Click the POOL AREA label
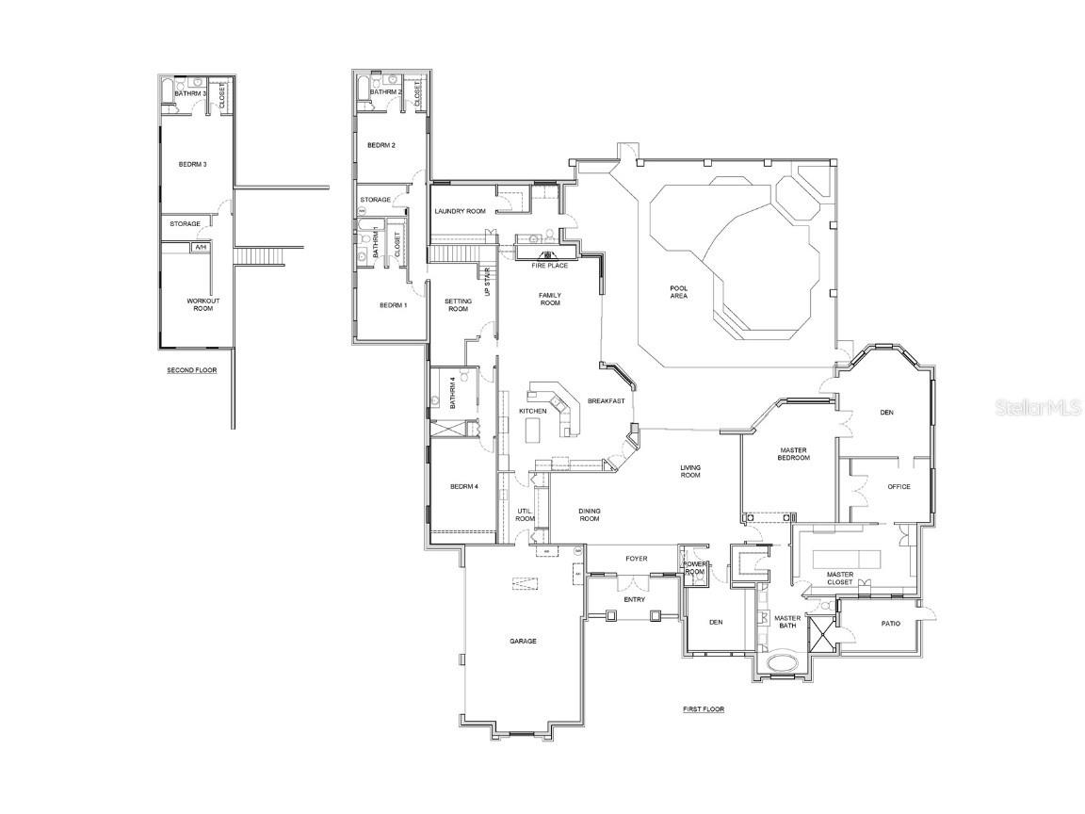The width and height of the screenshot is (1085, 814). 678,291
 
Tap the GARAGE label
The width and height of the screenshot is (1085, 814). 523,641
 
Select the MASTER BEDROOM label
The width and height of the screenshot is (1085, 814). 793,454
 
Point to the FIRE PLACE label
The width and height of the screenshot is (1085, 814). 549,266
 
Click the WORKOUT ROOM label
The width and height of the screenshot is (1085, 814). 202,304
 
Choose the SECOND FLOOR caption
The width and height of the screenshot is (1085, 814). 192,370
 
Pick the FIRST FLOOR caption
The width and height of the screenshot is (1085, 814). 704,708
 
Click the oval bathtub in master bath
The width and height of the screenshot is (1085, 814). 782,662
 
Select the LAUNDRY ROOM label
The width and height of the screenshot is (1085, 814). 460,211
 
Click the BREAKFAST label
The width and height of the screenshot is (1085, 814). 607,401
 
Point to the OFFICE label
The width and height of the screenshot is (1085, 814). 899,486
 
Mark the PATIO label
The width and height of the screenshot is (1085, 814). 890,624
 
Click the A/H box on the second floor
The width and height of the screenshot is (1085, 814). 201,248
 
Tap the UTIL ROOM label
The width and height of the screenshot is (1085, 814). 525,514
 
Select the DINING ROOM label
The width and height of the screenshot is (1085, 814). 590,514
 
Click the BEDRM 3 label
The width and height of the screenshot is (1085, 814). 192,164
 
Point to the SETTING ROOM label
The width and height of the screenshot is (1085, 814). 458,304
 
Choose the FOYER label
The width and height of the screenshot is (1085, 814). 637,559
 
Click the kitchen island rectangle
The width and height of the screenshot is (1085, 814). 533,431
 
